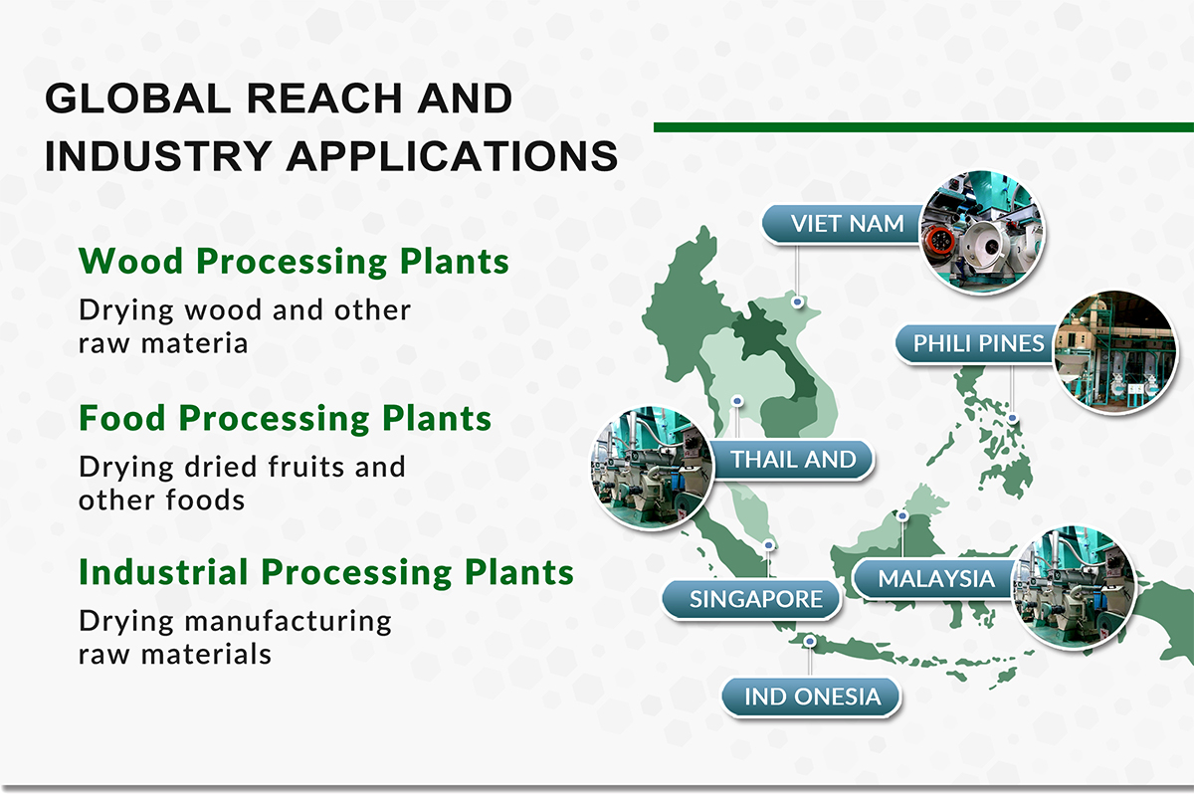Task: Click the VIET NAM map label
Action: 847,224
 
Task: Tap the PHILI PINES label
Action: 979,344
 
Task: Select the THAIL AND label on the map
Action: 793,460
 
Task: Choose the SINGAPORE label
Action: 755,599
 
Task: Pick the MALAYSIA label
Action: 935,578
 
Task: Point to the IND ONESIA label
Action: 812,697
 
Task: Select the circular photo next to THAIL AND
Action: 653,467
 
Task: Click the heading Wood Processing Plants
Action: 294,262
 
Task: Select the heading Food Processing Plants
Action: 285,418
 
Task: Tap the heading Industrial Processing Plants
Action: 326,573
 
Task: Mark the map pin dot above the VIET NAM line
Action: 797,300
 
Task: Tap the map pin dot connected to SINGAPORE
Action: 769,545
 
